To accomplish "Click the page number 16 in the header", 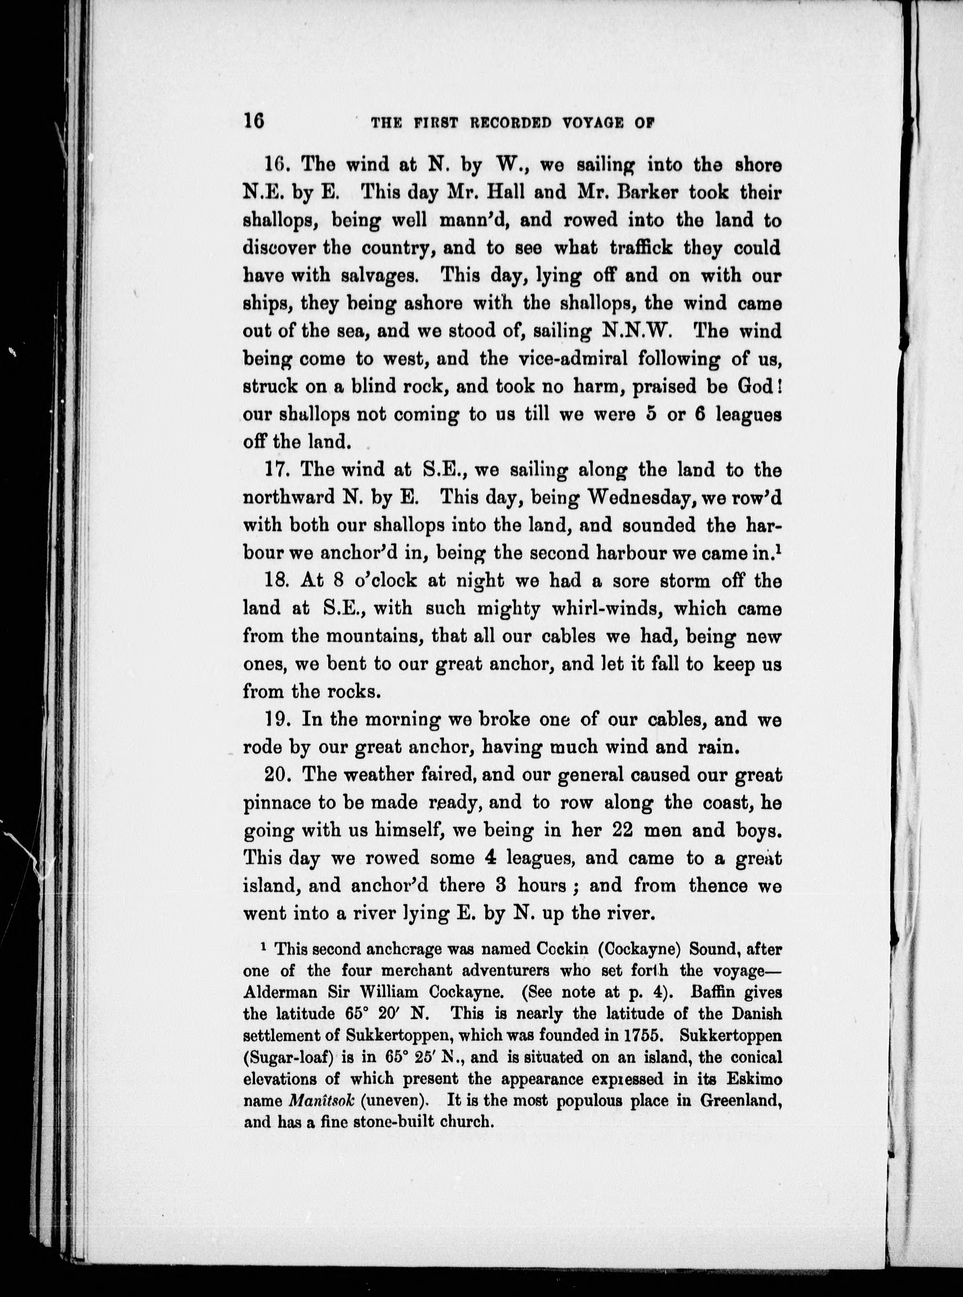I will tap(254, 121).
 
